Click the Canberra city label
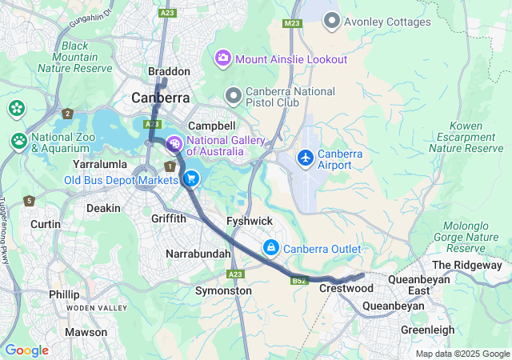point(161,98)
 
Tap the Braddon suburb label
point(169,71)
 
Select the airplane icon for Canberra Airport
point(305,158)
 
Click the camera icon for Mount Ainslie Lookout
point(222,58)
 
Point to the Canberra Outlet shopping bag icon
point(271,248)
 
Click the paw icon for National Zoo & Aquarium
point(18,141)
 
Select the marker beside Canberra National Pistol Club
point(234,97)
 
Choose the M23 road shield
point(290,24)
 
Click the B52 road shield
point(300,281)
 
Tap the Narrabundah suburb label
point(198,253)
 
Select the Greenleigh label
point(427,330)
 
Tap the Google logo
point(26,350)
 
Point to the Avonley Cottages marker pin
point(331,22)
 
